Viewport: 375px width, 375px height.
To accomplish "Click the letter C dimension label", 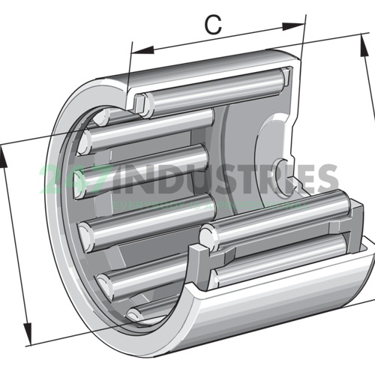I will click(214, 25).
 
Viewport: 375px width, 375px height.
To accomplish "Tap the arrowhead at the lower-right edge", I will click(370, 295).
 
